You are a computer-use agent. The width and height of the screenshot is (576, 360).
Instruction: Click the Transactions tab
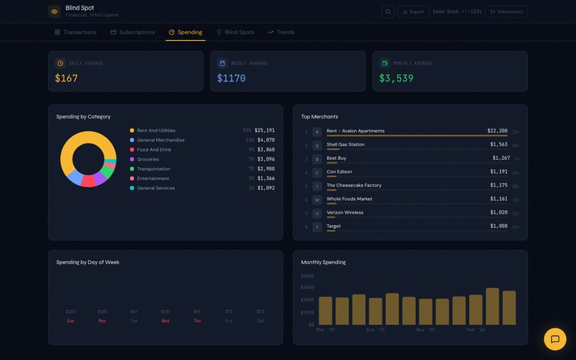point(76,32)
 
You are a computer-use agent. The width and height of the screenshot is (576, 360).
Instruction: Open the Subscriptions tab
point(133,32)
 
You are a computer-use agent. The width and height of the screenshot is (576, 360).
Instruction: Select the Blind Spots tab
point(235,32)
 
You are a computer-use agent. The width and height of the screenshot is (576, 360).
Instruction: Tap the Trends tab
point(281,32)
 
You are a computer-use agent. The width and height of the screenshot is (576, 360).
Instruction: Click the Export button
point(413,11)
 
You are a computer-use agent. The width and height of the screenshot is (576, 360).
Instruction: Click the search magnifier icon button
point(388,11)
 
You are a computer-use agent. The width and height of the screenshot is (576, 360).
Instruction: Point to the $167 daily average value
point(66,79)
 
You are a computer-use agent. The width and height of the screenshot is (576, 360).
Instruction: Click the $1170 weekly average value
point(232,79)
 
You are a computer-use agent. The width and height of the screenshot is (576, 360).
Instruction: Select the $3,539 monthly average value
point(396,79)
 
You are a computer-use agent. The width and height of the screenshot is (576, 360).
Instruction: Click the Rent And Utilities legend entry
point(156,131)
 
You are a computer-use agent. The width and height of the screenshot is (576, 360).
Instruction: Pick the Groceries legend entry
point(148,159)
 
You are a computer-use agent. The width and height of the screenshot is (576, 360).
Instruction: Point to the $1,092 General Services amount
point(265,188)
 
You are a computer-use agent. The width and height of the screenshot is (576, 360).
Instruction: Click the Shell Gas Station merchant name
point(345,144)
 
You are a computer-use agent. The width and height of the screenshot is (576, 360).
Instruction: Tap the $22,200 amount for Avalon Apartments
point(497,131)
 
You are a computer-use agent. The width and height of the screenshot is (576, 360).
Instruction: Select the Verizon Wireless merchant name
point(344,212)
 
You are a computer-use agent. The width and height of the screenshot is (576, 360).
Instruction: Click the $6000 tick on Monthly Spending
point(307,276)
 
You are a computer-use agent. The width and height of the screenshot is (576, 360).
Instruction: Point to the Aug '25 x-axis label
point(375,330)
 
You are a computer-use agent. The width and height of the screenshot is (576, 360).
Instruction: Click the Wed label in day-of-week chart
point(166,321)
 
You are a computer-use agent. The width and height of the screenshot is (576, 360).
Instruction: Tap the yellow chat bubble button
point(555,339)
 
